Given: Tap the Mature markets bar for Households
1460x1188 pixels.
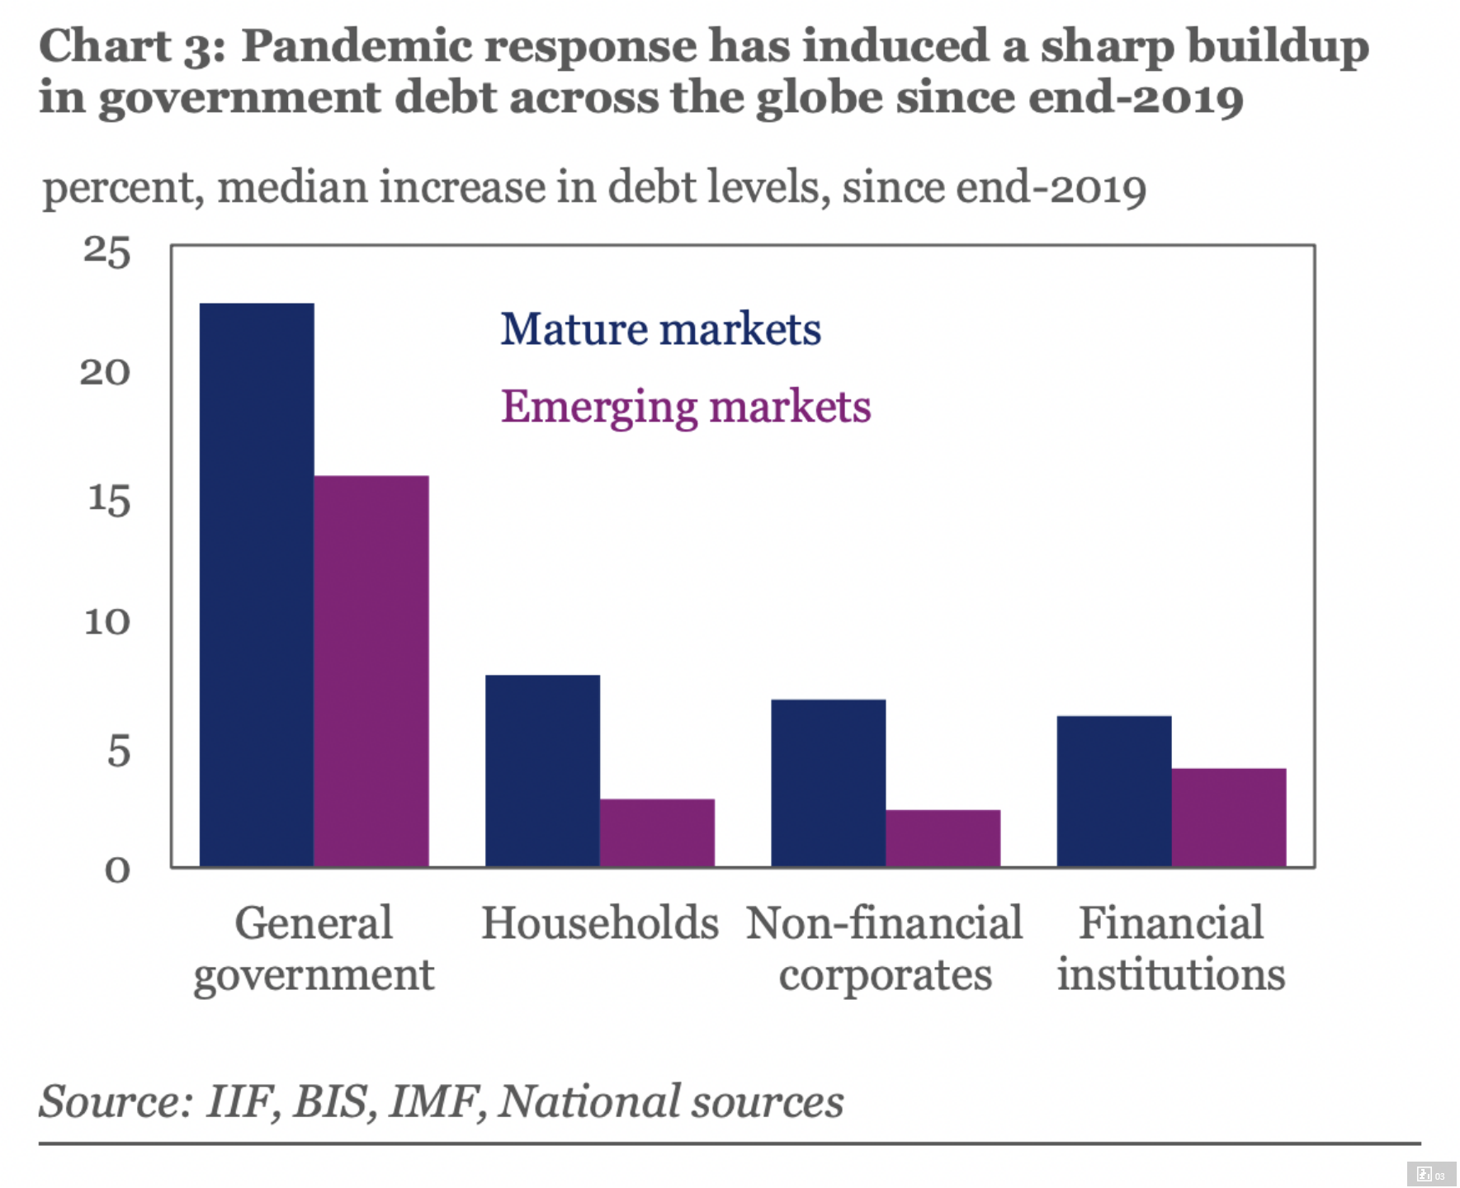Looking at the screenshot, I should [x=542, y=771].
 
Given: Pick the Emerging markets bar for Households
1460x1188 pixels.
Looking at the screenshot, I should [x=657, y=832].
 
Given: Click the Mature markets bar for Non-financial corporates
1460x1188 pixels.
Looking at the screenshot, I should [x=828, y=783].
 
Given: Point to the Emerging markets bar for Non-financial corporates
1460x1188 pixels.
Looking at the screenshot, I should [x=943, y=838].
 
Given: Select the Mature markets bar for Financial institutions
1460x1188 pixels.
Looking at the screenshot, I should [x=1114, y=791].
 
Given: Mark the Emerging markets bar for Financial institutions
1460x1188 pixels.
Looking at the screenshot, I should [x=1229, y=817].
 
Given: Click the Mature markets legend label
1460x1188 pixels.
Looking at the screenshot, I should [x=660, y=329].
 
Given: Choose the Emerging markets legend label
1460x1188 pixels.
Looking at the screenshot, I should [x=685, y=407].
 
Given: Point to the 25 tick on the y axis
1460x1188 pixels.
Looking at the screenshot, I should [x=107, y=252].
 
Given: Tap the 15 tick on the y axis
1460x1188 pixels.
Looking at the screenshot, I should [x=109, y=500].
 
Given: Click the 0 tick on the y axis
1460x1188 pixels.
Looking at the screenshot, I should [x=118, y=870].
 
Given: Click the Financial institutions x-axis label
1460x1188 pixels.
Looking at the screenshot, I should [x=1171, y=949].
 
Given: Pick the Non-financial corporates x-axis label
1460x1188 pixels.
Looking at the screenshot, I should [x=885, y=949].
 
